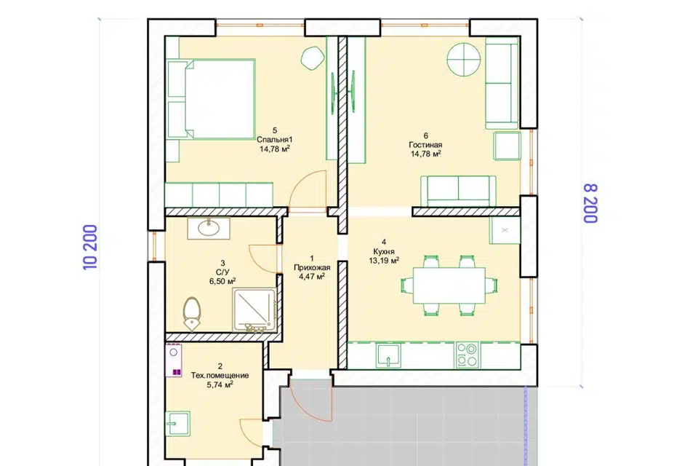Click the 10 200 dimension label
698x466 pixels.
click(90, 247)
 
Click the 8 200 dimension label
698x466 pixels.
click(590, 203)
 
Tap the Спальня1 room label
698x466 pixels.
click(275, 140)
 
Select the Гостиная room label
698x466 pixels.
click(425, 145)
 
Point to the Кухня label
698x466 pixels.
click(384, 251)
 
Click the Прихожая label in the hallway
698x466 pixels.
click(312, 267)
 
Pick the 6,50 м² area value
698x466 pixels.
click(222, 281)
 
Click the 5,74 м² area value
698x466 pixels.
click(220, 384)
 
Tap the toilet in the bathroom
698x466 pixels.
click(191, 313)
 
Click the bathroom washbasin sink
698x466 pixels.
click(209, 229)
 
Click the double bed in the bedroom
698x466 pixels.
click(211, 99)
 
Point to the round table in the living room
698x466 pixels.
click(464, 59)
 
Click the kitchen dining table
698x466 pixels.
click(449, 285)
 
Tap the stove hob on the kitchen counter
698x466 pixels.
click(468, 355)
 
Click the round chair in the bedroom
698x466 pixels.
click(313, 58)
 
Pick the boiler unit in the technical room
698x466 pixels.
click(174, 360)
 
